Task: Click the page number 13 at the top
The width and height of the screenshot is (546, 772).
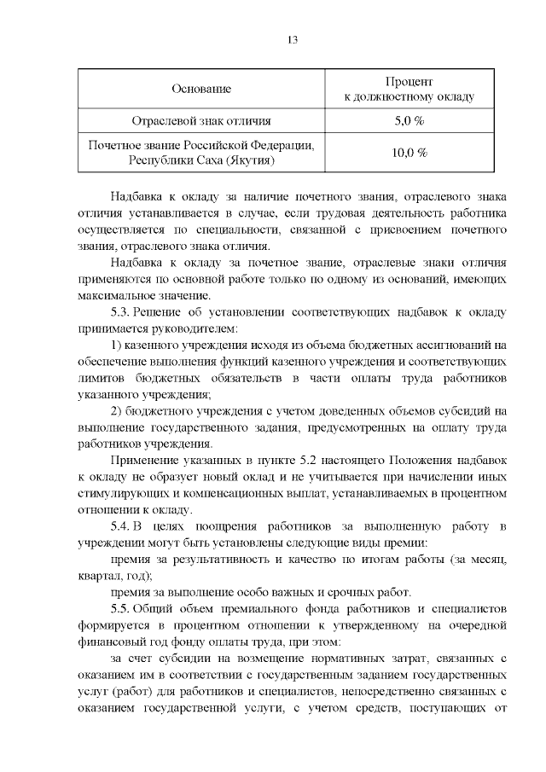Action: coord(293,41)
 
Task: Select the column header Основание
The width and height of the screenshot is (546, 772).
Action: coord(201,89)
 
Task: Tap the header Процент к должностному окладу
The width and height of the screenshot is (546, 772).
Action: coord(409,89)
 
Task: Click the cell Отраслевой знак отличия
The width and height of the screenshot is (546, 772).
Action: coord(201,120)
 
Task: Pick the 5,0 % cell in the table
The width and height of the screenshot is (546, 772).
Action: coord(409,120)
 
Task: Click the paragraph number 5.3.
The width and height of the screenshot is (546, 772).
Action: coord(124,312)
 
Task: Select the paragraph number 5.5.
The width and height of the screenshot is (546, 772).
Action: coord(124,609)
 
